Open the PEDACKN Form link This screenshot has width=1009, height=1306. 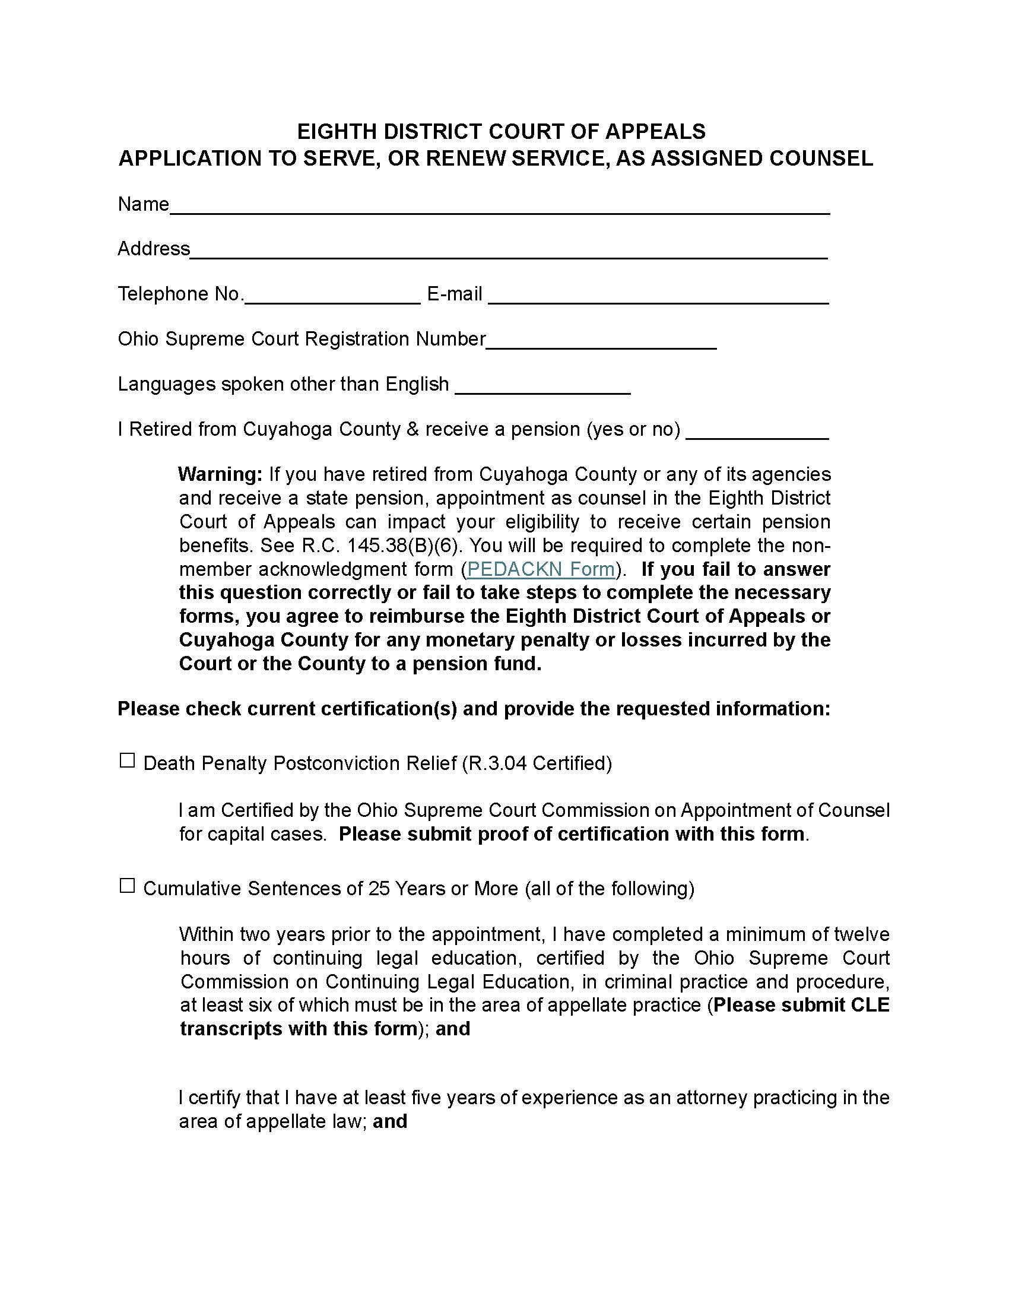pos(541,569)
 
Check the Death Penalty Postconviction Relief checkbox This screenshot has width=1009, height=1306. pos(128,760)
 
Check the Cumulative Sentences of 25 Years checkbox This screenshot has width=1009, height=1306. pos(128,886)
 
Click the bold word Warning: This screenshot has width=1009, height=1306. pos(220,474)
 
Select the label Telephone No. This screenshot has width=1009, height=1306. pos(180,294)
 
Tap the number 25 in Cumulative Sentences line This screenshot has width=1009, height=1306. pos(379,889)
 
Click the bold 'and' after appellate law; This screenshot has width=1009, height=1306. pos(390,1121)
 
